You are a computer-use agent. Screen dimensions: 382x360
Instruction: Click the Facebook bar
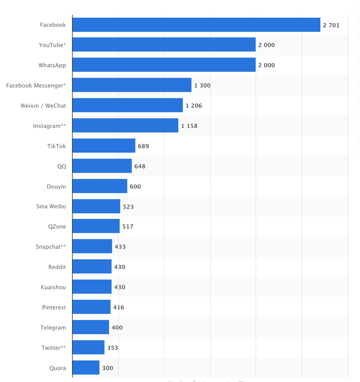[x=196, y=25]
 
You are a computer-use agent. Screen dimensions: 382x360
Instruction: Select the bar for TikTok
[x=104, y=146]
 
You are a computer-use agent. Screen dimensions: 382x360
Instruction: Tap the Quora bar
[x=86, y=368]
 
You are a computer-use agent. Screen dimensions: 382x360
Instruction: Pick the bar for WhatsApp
[x=164, y=65]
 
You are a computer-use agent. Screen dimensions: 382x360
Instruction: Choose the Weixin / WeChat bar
[x=127, y=105]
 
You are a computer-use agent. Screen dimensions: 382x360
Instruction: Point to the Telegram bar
[x=90, y=328]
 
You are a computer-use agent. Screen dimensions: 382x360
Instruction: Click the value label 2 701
[x=331, y=25]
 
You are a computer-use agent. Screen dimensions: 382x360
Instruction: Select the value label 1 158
[x=189, y=126]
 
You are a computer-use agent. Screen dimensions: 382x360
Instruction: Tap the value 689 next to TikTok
[x=143, y=146]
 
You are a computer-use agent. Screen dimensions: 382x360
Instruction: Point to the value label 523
[x=128, y=207]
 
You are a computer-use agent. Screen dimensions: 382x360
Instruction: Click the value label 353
[x=112, y=348]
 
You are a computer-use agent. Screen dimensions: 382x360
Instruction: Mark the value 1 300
[x=202, y=85]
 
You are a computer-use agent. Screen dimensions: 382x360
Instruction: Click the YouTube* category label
[x=52, y=45]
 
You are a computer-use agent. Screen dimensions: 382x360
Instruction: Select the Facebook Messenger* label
[x=36, y=85]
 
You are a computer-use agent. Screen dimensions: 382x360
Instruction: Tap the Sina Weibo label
[x=51, y=206]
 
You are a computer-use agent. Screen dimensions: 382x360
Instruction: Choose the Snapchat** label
[x=51, y=247]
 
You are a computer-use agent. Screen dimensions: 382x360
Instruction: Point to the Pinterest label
[x=54, y=307]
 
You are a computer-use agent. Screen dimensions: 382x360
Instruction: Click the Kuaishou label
[x=53, y=287]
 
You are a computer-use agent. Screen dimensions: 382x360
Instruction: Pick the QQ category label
[x=61, y=166]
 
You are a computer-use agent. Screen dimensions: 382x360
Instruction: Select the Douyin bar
[x=99, y=186]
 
